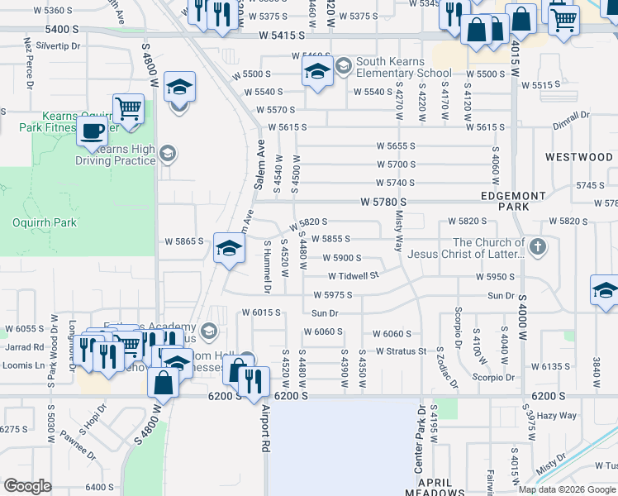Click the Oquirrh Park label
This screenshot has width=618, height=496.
coord(45,222)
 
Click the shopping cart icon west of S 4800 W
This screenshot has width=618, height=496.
coord(128,108)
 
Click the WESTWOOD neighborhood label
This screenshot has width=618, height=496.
coord(578,156)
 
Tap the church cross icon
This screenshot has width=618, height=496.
coord(537,246)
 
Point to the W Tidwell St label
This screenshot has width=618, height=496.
coord(353,276)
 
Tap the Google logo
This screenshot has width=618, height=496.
coord(27,486)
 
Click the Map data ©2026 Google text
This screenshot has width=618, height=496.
coord(566,489)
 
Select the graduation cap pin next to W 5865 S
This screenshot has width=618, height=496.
coord(228,248)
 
